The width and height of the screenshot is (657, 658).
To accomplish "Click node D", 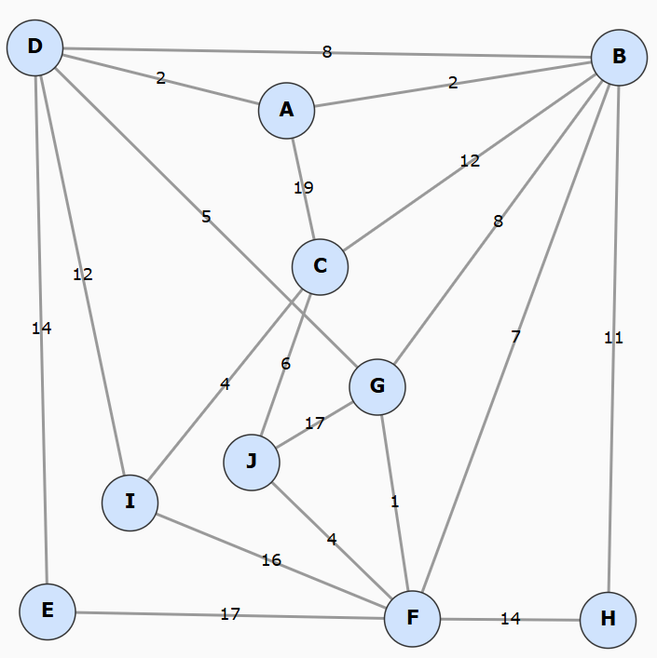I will pos(34,47).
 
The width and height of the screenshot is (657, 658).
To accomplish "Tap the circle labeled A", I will pos(286,110).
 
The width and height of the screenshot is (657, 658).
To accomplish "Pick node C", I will pos(320,267).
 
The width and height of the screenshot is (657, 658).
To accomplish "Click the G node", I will pos(377,385).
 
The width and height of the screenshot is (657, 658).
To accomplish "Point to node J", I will pos(252,462).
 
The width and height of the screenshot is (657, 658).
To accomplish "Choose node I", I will pos(130,503).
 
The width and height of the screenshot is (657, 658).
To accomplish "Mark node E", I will pos(48,611).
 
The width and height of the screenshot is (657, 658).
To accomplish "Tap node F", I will pos(412,618).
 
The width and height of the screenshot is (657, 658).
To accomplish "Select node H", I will pos(608,620).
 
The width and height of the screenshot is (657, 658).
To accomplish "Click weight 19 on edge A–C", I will pos(303,188).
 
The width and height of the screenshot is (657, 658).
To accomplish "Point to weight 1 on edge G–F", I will pos(394,502).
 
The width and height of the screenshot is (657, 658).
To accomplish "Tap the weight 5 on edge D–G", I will pos(206,217).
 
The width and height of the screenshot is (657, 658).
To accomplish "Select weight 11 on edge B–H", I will pos(613,338).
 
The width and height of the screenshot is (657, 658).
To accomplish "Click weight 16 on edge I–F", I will pos(271,560).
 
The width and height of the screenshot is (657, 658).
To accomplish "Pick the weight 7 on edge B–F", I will pos(515,337).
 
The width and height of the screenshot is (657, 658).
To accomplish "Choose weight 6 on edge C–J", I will pos(285,364).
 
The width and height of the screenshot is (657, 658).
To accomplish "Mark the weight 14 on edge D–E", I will pos(41,328).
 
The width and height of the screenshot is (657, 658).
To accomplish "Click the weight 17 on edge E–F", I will pos(230,614).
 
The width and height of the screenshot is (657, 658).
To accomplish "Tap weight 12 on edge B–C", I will pos(470,161).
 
